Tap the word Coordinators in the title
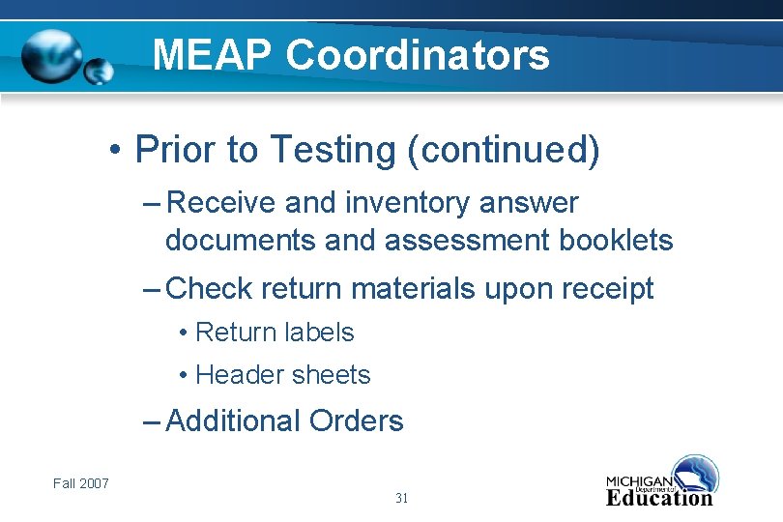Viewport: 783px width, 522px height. tap(418, 55)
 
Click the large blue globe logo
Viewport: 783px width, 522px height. tap(53, 57)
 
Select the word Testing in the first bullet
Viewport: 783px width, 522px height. tap(331, 151)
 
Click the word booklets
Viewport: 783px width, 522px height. tap(616, 240)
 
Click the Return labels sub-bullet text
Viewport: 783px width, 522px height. tap(275, 333)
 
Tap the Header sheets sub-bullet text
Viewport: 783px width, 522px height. tap(282, 375)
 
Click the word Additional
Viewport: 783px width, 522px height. tap(233, 420)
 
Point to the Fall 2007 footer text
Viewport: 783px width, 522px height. tap(81, 483)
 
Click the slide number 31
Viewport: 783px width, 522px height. tap(402, 498)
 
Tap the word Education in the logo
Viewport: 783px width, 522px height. tap(659, 498)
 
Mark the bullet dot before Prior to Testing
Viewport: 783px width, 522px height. tap(114, 152)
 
